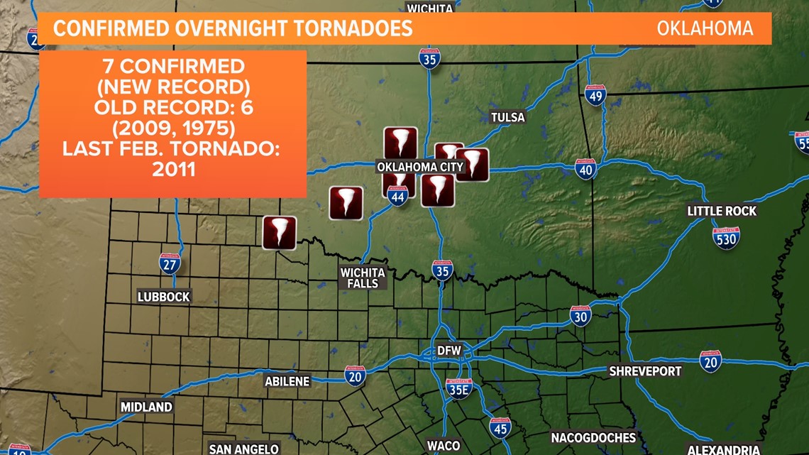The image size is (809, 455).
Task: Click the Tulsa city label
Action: coord(508,117)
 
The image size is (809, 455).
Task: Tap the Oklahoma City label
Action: coord(420,168)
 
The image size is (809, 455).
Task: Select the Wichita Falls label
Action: coord(363,278)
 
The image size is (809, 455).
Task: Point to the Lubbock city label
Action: coord(164,297)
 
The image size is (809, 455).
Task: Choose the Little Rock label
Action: coord(722,211)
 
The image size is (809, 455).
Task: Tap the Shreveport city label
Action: coord(645,371)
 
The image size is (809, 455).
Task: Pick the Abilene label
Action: coord(287,381)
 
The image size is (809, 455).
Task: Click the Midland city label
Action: coord(146,407)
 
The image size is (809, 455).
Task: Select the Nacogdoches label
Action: coord(593,437)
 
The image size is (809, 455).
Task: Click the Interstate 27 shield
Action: coord(169,263)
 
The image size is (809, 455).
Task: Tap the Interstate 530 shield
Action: coord(726,238)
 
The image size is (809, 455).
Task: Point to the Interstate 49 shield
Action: coord(595,95)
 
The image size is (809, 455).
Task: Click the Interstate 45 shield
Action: coord(500,427)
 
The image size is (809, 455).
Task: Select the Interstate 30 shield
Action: coord(580,316)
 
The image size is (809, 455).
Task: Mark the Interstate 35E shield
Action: coord(459,388)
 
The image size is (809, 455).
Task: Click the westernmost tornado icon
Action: coord(280,233)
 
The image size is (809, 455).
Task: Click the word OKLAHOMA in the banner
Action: coord(704,28)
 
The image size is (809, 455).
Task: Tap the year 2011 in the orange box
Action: coord(174,170)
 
